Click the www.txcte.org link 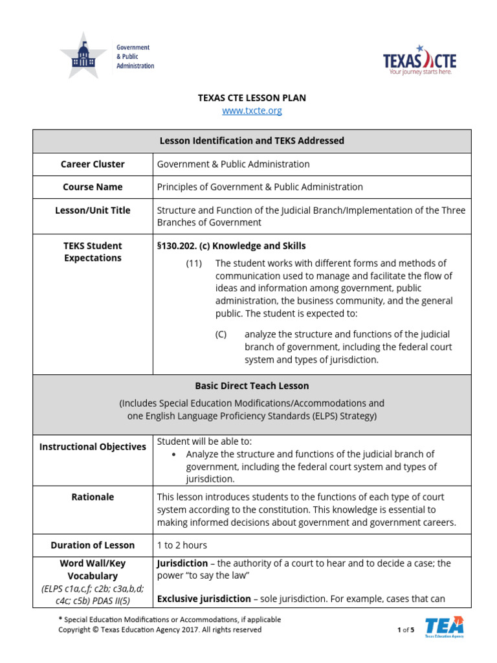(x=252, y=111)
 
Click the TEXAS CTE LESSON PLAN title (x=252, y=98)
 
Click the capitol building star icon (x=83, y=56)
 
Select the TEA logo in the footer (x=444, y=627)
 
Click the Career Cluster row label (x=93, y=164)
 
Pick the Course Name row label (x=93, y=187)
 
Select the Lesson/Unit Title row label (x=93, y=210)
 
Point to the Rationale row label (x=93, y=497)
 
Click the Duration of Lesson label (x=93, y=545)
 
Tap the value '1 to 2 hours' (x=182, y=545)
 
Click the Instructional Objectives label (x=93, y=447)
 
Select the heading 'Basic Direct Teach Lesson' (x=252, y=386)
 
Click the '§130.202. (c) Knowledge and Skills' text (x=231, y=246)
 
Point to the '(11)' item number (x=193, y=264)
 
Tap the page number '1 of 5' (x=405, y=630)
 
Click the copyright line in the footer (x=160, y=629)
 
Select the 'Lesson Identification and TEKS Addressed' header (x=252, y=141)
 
